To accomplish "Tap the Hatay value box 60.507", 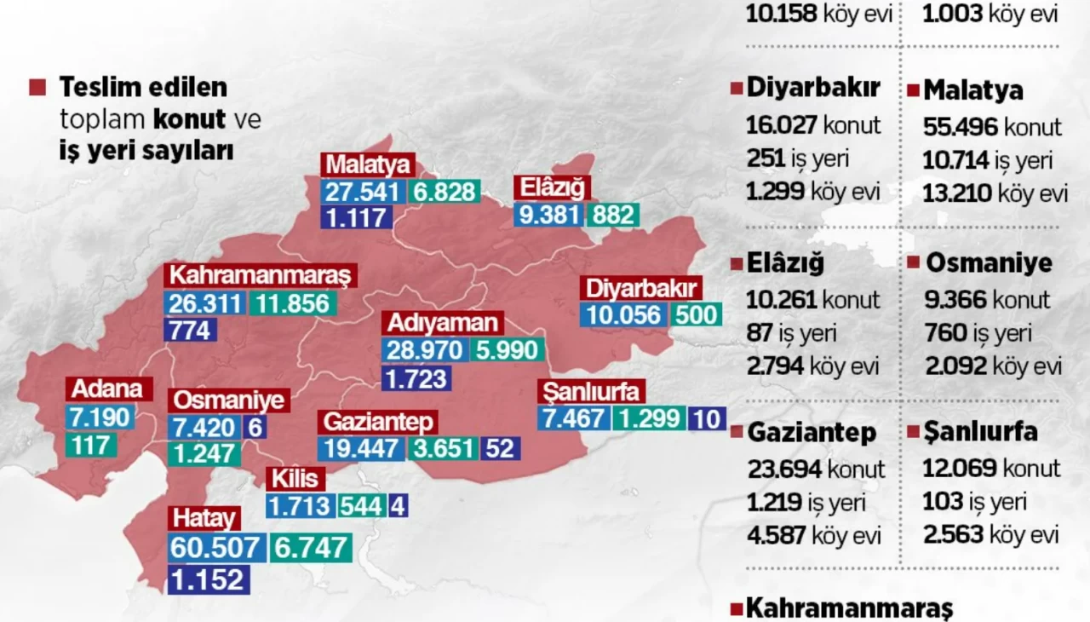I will [x=215, y=548].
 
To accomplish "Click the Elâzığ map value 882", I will [x=613, y=215].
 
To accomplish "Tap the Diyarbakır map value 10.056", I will [x=623, y=315].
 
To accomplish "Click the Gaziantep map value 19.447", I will [x=361, y=447].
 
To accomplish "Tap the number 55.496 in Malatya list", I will [x=961, y=127].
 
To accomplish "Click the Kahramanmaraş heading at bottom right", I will [x=848, y=608].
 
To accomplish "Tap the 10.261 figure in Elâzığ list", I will [x=781, y=299].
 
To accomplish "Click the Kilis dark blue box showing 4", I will [x=398, y=506].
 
